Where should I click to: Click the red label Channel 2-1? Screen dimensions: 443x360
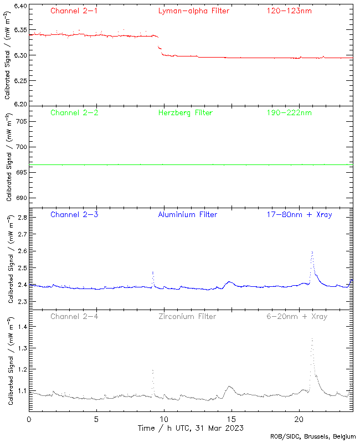[74, 11]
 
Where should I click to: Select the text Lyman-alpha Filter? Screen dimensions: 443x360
[193, 11]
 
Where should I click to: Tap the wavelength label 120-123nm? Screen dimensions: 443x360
[288, 11]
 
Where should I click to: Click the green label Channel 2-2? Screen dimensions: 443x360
[74, 112]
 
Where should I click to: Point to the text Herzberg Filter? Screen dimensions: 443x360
[185, 112]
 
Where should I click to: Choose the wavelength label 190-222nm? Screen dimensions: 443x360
[288, 112]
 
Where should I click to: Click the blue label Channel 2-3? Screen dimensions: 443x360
[74, 214]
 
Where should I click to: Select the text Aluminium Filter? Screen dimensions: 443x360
[187, 214]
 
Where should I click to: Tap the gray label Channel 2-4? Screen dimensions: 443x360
[74, 316]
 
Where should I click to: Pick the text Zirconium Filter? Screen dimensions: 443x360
[187, 316]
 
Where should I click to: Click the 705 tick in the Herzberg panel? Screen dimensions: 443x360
[20, 121]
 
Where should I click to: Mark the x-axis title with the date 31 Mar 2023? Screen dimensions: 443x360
[190, 429]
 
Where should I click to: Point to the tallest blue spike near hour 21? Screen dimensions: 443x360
[312, 252]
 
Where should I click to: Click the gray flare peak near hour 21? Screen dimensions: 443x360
[312, 339]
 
